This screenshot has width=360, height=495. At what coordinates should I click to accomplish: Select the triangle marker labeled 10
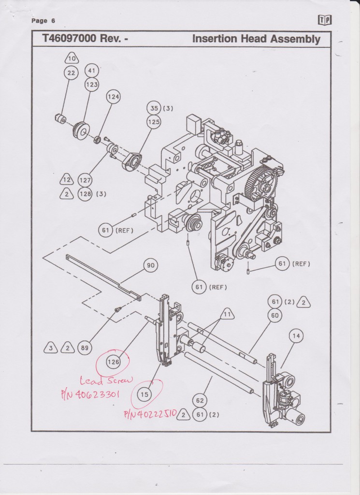point(71,59)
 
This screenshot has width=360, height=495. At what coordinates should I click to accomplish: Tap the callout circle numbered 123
point(92,84)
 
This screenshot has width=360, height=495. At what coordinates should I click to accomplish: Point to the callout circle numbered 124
point(113,97)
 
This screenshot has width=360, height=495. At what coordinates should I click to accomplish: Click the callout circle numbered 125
point(154,122)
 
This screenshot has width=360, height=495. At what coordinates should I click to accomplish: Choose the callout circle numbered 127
point(85,180)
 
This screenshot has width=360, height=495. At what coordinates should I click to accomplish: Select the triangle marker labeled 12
point(66,180)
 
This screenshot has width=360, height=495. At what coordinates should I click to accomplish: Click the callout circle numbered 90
point(151,265)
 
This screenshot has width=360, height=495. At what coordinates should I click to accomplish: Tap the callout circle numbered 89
point(85,347)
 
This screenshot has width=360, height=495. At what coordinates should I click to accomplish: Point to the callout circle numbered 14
point(296,335)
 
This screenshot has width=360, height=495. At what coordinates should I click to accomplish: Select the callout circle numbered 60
point(275,316)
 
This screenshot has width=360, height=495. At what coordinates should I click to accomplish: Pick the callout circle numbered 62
point(200,401)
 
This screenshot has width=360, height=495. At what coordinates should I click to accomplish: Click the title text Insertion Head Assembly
point(256,39)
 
